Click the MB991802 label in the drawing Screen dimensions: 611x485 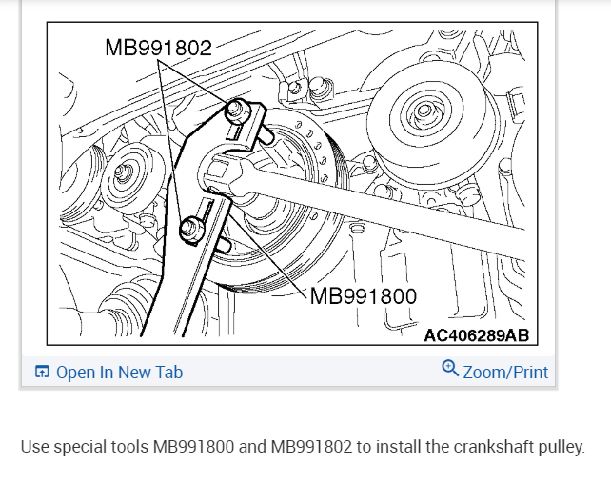pos(158,48)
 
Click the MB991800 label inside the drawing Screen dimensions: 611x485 pos(364,296)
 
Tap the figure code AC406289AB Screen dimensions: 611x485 pos(477,335)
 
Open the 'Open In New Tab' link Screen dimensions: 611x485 pos(119,373)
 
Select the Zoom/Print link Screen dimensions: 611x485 pos(505,373)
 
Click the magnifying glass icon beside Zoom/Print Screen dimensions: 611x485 pos(450,369)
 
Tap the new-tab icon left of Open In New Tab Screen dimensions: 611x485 pos(42,372)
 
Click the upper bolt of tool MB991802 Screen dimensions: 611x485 pos(235,110)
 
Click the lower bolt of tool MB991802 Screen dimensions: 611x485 pos(191,229)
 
